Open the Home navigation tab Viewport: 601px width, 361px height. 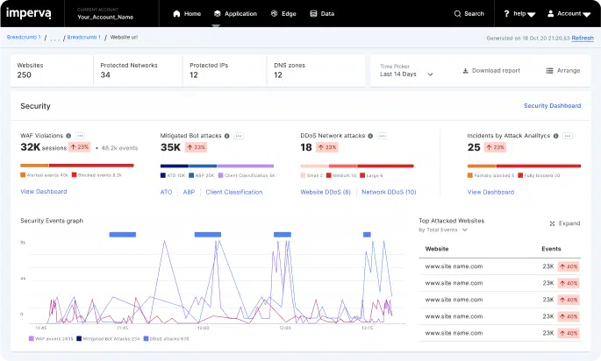(x=187, y=14)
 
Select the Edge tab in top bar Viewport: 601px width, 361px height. (x=283, y=14)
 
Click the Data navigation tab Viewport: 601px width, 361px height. (x=322, y=14)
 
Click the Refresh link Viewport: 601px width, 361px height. (x=583, y=39)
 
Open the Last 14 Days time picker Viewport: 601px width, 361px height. (x=406, y=74)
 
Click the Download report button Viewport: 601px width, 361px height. (x=491, y=70)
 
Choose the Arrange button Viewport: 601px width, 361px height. (x=562, y=70)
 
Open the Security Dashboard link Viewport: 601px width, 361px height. (x=552, y=106)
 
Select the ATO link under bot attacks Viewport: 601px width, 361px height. (x=166, y=192)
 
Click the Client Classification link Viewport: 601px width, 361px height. (x=233, y=192)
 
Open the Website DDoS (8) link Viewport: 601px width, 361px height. (x=326, y=192)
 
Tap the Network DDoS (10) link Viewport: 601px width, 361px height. (x=389, y=192)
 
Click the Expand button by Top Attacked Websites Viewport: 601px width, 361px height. (x=564, y=223)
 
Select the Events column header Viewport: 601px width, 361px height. (x=552, y=249)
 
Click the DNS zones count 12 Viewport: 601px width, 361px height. (x=278, y=75)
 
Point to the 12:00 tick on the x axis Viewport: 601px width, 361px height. (x=203, y=328)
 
